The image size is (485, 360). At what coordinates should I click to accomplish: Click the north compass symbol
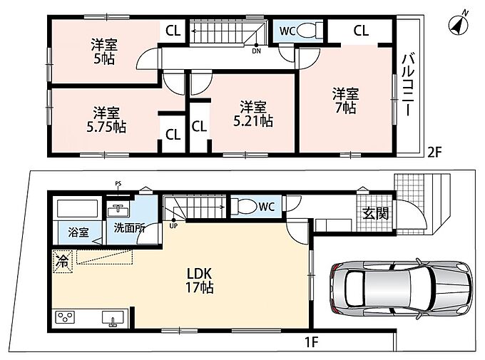459,24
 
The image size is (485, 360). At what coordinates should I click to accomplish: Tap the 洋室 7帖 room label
345,101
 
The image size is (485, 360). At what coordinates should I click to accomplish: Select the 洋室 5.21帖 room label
252,114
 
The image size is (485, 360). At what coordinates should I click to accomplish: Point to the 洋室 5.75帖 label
106,120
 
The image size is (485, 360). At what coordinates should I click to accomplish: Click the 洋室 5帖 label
104,51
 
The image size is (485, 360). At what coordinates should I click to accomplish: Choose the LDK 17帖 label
200,281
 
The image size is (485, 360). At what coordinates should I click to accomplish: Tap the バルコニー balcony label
409,84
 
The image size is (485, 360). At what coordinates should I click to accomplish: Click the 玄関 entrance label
376,213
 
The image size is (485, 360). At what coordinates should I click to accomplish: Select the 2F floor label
434,152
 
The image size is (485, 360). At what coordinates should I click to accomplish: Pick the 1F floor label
312,341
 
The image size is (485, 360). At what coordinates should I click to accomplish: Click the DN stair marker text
257,51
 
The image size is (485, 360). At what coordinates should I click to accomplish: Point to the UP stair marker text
173,226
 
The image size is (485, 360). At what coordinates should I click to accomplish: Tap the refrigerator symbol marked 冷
63,262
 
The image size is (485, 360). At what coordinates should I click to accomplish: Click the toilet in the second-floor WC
310,31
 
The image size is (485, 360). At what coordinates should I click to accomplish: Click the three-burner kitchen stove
65,317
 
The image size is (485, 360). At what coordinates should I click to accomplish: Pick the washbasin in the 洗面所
118,211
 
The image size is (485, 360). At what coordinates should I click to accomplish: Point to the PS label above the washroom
118,184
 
